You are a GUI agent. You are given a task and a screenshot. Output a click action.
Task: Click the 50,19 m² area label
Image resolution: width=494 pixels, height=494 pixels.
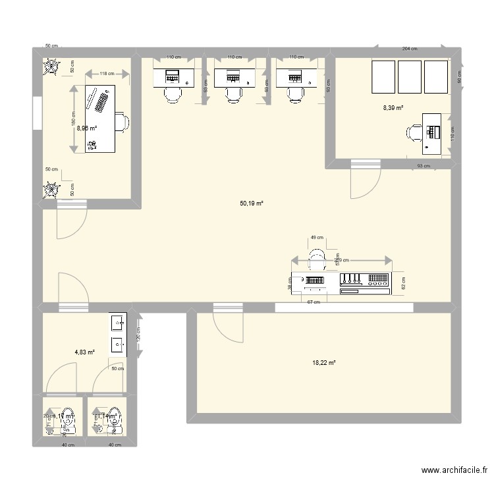point(252,204)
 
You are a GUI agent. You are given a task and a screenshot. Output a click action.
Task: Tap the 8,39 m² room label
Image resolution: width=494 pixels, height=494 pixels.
point(394,108)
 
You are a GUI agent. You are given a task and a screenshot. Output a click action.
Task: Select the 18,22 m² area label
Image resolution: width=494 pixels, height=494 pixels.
point(324,362)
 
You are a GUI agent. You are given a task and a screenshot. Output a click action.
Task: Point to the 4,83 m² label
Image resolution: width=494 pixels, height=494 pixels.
point(84,352)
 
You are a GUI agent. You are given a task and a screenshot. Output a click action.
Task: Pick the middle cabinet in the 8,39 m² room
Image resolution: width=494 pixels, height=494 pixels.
point(409,76)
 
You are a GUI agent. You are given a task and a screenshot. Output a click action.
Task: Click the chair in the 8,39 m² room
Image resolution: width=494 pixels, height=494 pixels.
point(415,132)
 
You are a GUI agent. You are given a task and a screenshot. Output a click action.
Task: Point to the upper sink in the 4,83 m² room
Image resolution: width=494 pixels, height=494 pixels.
point(118,323)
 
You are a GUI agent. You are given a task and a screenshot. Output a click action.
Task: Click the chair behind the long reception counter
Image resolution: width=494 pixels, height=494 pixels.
point(317,260)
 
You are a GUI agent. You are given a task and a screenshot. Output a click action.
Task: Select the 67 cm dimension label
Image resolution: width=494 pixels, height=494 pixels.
point(314,302)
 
